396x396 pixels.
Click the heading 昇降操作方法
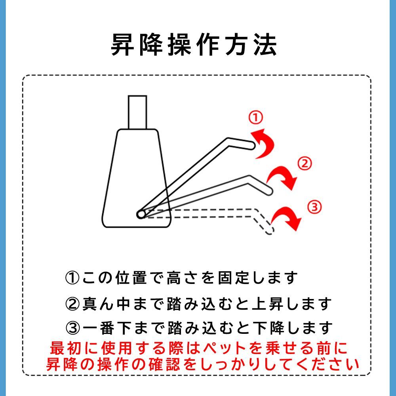point(194,45)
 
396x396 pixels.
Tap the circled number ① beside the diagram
point(255,118)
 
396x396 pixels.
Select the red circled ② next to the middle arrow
point(305,164)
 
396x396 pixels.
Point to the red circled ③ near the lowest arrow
point(314,207)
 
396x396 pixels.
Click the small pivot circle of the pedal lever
point(141,214)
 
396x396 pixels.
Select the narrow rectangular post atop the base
point(137,112)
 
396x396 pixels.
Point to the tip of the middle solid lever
point(269,191)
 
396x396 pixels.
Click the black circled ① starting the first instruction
point(72,278)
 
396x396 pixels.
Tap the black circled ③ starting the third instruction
point(73,328)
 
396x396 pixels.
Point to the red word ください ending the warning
point(327,364)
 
